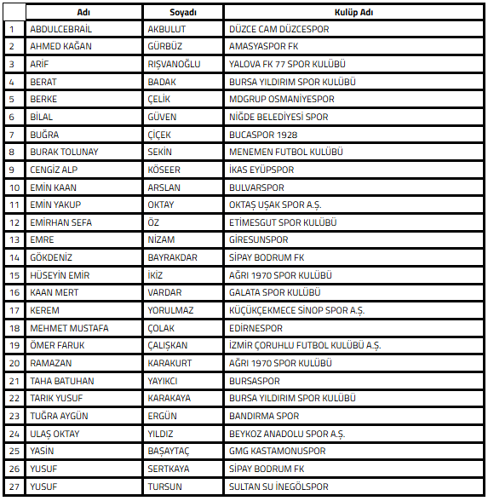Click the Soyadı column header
[x=183, y=13]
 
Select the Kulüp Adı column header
[x=354, y=13]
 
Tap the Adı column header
[x=83, y=13]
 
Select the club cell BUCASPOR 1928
[x=263, y=135]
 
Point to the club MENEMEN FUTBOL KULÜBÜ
[x=286, y=152]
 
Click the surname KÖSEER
[x=164, y=170]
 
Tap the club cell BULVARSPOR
[x=257, y=187]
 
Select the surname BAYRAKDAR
[x=172, y=257]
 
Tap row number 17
[x=13, y=310]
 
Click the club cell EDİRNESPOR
[x=256, y=328]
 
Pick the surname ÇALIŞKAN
[x=168, y=346]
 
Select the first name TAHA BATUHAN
[x=61, y=381]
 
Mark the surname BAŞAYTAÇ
[x=169, y=451]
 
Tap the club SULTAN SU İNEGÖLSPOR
[x=278, y=487]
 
